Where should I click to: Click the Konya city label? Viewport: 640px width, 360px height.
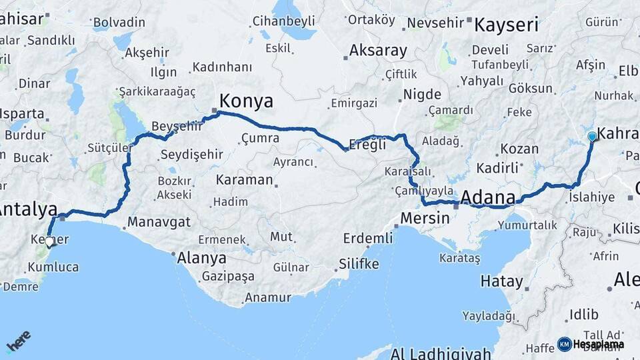[246, 101]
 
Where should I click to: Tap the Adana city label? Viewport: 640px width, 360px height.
[488, 197]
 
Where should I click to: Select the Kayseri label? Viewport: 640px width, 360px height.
[506, 25]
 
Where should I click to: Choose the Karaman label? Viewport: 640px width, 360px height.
[244, 180]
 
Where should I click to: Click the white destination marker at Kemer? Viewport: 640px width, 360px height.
[49, 241]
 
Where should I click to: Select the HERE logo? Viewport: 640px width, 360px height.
[18, 341]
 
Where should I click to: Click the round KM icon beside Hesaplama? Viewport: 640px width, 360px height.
[564, 344]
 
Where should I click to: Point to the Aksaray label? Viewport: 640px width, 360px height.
[378, 51]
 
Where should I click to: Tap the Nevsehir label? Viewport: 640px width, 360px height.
[435, 23]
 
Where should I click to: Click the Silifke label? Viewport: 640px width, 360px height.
[359, 263]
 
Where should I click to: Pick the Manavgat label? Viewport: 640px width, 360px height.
[159, 222]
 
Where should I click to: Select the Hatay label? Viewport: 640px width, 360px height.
[501, 281]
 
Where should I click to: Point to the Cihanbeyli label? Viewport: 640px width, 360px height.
[283, 21]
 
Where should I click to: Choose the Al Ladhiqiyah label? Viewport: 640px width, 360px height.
[441, 353]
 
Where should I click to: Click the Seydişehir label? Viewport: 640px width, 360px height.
[191, 155]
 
